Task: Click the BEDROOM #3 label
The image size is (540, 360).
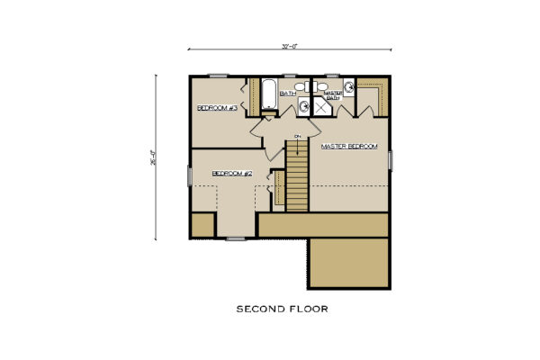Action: click(x=217, y=108)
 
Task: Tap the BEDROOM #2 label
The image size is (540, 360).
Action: click(x=231, y=173)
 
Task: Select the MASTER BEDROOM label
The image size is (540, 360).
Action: click(x=348, y=146)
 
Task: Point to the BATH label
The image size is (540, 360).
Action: click(x=288, y=93)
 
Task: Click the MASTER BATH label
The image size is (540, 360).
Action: click(x=332, y=94)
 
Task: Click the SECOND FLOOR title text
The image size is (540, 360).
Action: click(x=282, y=308)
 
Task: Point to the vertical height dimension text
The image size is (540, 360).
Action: click(x=165, y=157)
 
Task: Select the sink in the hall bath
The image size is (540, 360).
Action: click(x=303, y=107)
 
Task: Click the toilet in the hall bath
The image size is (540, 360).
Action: click(x=301, y=86)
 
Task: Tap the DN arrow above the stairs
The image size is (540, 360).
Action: click(x=296, y=136)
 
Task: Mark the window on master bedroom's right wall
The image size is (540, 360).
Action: click(x=391, y=159)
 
